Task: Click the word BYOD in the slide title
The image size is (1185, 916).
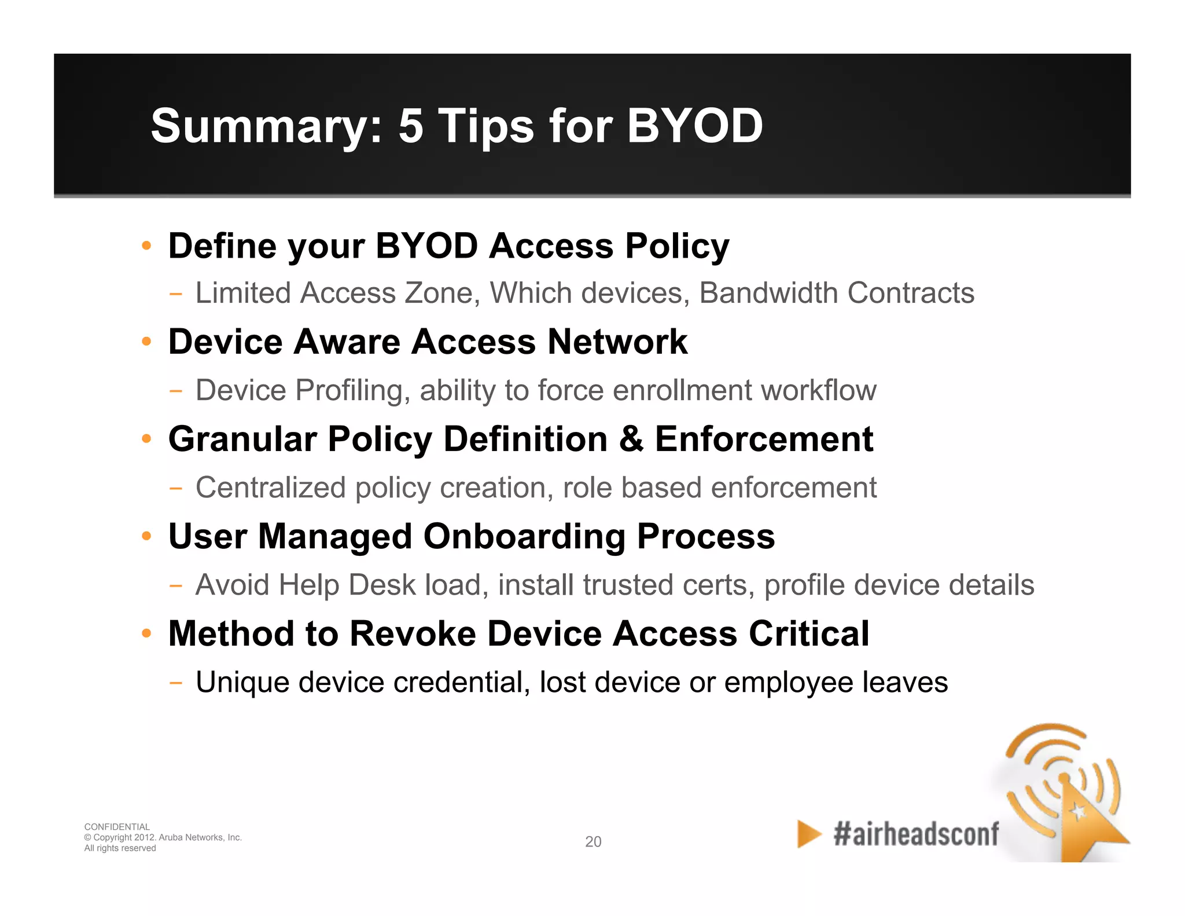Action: [694, 126]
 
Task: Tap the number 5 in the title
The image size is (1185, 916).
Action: [410, 126]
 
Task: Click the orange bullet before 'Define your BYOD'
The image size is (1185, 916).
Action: [147, 246]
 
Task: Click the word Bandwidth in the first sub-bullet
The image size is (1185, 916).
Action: [768, 292]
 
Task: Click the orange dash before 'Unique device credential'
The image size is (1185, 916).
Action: [176, 683]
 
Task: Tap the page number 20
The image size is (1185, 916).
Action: [593, 841]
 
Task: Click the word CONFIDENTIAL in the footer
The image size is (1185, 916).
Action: [117, 827]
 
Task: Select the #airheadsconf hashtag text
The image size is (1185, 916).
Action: [916, 834]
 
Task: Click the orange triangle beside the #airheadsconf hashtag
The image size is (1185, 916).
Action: [808, 834]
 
